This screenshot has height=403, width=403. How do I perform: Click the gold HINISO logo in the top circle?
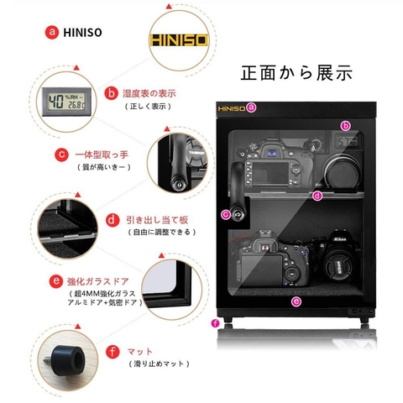(x=179, y=39)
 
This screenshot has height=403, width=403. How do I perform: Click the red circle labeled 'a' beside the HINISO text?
(x=54, y=34)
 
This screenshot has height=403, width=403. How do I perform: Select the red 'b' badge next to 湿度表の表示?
(x=110, y=93)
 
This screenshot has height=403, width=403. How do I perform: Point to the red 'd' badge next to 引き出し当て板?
(x=112, y=220)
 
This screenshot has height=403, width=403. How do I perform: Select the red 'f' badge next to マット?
(x=112, y=350)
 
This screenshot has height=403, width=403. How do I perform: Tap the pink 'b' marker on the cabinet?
(x=345, y=125)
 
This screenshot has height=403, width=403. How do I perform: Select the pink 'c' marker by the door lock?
(x=225, y=214)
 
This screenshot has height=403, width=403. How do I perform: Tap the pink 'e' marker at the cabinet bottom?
(x=295, y=300)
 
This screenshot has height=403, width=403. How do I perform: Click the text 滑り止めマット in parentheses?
(x=158, y=364)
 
